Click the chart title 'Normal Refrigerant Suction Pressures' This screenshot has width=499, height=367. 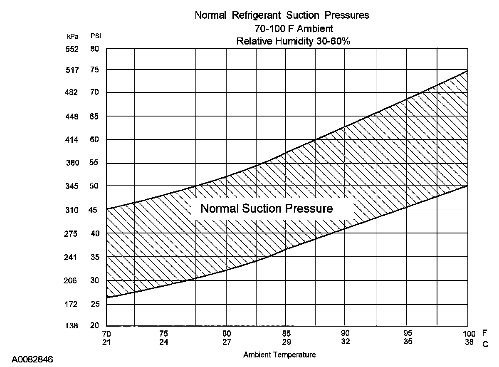pyautogui.click(x=282, y=16)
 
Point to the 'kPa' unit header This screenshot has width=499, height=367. pyautogui.click(x=72, y=37)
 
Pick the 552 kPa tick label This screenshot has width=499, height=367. pyautogui.click(x=72, y=49)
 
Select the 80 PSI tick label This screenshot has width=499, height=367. pyautogui.click(x=94, y=49)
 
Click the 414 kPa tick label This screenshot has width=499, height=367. pyautogui.click(x=72, y=140)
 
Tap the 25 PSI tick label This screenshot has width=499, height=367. pyautogui.click(x=94, y=305)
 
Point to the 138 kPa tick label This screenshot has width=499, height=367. pyautogui.click(x=72, y=326)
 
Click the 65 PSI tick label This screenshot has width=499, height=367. pyautogui.click(x=94, y=117)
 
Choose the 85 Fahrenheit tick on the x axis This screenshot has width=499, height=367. pyautogui.click(x=286, y=334)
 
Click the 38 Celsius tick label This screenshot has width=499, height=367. pyautogui.click(x=469, y=342)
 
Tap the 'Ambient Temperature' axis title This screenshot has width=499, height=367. pyautogui.click(x=279, y=355)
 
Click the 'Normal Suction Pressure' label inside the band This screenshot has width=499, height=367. pyautogui.click(x=267, y=208)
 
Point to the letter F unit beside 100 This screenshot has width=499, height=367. pyautogui.click(x=484, y=333)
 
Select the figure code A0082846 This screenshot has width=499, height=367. pyautogui.click(x=32, y=359)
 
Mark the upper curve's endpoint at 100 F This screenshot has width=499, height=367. pyautogui.click(x=468, y=71)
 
